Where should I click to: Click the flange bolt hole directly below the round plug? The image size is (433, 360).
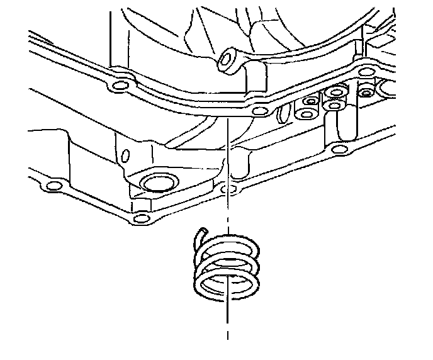click(x=140, y=218)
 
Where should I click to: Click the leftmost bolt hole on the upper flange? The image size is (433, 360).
click(x=118, y=84)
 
